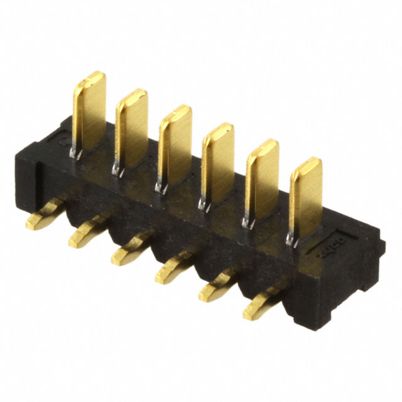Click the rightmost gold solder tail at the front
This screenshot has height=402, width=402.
259,302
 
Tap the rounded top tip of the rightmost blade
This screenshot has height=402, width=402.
309,164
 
